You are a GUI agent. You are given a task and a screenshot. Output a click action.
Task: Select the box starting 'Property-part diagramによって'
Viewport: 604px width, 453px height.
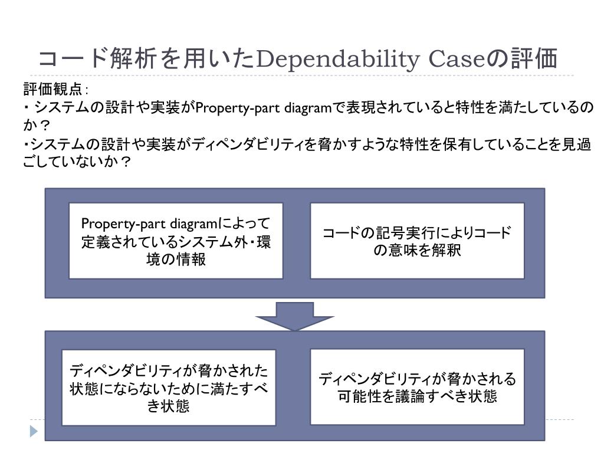coord(176,241)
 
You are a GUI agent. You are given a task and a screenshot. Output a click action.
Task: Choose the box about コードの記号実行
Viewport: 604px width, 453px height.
coord(417,241)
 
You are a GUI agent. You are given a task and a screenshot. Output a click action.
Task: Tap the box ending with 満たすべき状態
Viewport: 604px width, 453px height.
coord(169,388)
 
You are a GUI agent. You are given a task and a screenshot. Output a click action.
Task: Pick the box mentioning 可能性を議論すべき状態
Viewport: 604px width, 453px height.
coord(417,386)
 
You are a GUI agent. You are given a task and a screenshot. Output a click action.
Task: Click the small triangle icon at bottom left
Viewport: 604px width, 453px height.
coord(33,431)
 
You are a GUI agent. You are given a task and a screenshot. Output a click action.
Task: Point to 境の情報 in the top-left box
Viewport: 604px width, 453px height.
coord(176,259)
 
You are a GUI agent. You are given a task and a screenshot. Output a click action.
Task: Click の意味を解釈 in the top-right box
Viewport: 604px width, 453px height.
coord(417,250)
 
